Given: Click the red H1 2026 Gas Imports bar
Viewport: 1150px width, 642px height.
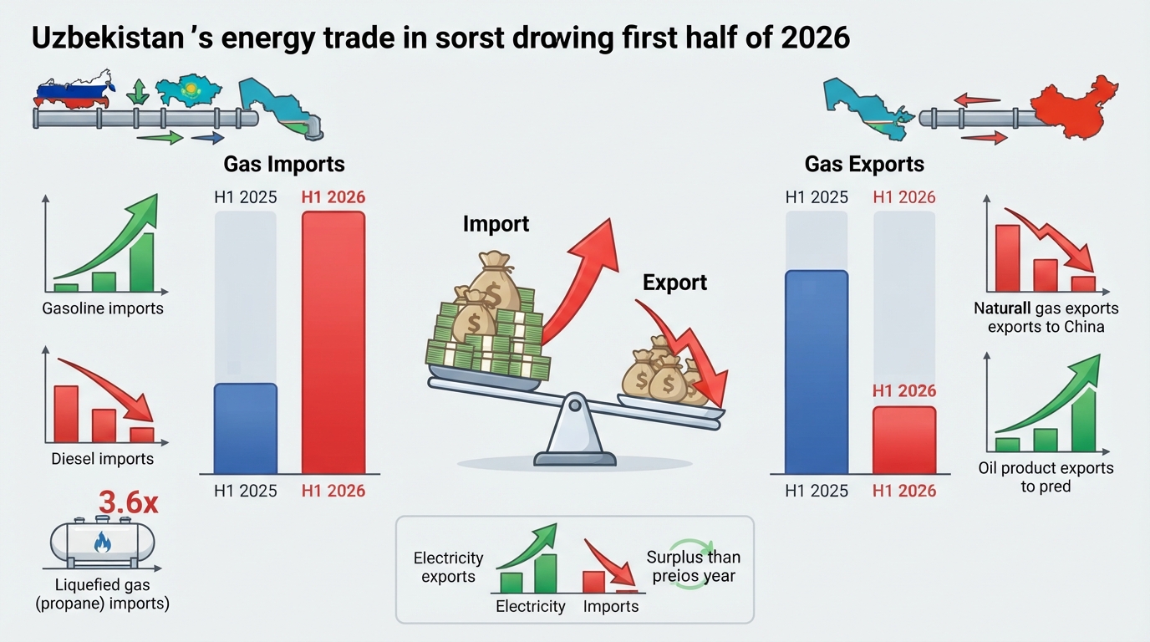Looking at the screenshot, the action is pos(333,343).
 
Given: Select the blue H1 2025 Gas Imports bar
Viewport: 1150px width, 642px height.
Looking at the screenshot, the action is pos(246,428).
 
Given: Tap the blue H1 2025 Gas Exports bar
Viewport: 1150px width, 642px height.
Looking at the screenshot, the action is pos(817,372).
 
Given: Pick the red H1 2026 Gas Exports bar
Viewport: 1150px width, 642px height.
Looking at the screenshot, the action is pos(904,441).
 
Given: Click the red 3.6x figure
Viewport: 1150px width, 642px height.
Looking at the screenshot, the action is pos(129,502).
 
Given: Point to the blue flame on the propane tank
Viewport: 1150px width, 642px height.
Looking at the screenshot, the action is pos(103,542).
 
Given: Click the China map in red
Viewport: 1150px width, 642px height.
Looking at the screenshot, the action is pos(1074,107).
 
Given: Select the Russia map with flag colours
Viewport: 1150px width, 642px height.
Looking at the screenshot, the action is pos(74,90).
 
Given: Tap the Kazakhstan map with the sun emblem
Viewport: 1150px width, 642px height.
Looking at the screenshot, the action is pos(188,91).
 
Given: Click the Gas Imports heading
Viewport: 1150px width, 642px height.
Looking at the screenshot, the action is pos(284,165).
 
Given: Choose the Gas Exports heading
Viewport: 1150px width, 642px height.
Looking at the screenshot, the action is pos(864,165).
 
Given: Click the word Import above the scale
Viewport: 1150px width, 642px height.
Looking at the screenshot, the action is pos(496,224).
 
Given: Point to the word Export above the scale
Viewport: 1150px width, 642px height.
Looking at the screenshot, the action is pos(674,283).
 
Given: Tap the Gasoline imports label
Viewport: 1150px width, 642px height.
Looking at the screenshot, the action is pos(103,308).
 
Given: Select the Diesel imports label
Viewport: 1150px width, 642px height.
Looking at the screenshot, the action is pos(102,459).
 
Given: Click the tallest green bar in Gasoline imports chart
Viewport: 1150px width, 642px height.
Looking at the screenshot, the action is pos(142,262).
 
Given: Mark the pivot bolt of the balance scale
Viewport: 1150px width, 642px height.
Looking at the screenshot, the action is pos(575,405).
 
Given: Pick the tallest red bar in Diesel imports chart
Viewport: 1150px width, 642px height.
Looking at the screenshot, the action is pos(66,414).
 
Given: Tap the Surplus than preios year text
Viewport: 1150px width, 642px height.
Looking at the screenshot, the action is pos(694,567).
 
